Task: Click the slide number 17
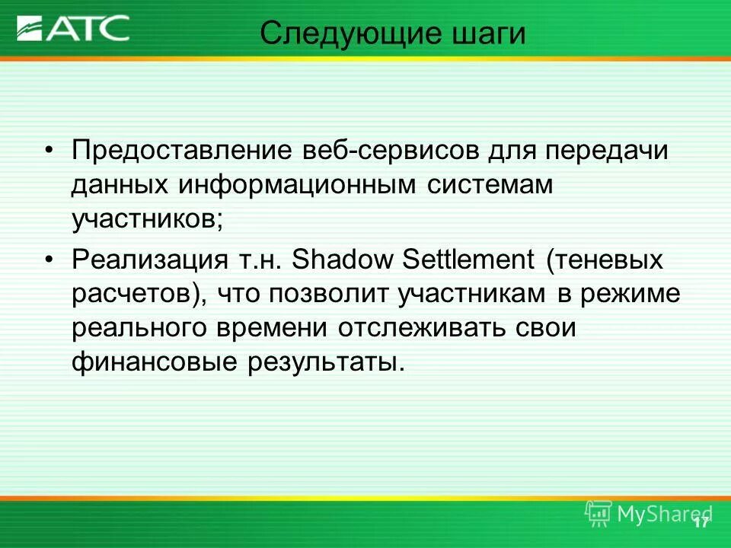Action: [701, 522]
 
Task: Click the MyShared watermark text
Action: [662, 514]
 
